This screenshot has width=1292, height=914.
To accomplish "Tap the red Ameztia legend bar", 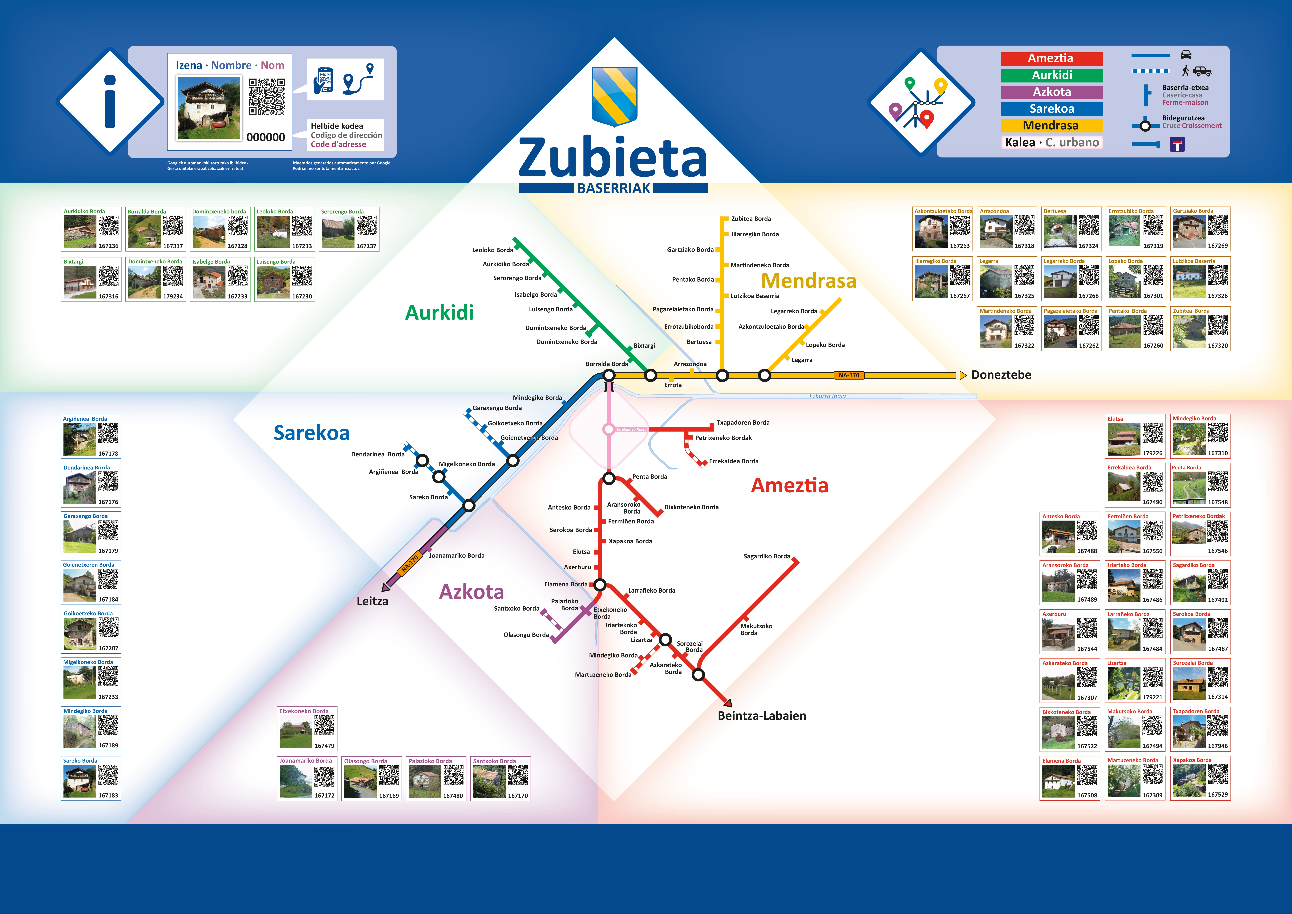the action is (x=1051, y=59).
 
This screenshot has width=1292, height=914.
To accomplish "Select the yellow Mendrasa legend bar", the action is (x=1051, y=125).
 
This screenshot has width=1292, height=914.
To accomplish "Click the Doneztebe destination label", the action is (x=1001, y=375).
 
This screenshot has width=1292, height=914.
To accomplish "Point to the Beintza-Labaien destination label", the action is (x=762, y=716).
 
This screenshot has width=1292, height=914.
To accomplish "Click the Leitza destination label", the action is (x=373, y=601).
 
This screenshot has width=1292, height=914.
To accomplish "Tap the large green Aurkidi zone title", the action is (x=439, y=312).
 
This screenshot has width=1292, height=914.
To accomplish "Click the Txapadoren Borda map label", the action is (x=743, y=423).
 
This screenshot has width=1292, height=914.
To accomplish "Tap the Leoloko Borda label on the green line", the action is (x=492, y=250).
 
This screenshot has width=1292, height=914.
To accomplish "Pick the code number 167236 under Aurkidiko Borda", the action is (x=109, y=246).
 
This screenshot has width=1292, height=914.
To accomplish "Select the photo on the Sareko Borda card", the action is (x=80, y=781).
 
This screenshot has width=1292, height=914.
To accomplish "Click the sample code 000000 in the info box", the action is (x=266, y=137).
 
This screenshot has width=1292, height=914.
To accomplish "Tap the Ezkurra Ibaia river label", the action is (x=827, y=396).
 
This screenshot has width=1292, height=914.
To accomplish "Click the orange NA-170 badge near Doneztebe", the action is (x=849, y=375).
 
